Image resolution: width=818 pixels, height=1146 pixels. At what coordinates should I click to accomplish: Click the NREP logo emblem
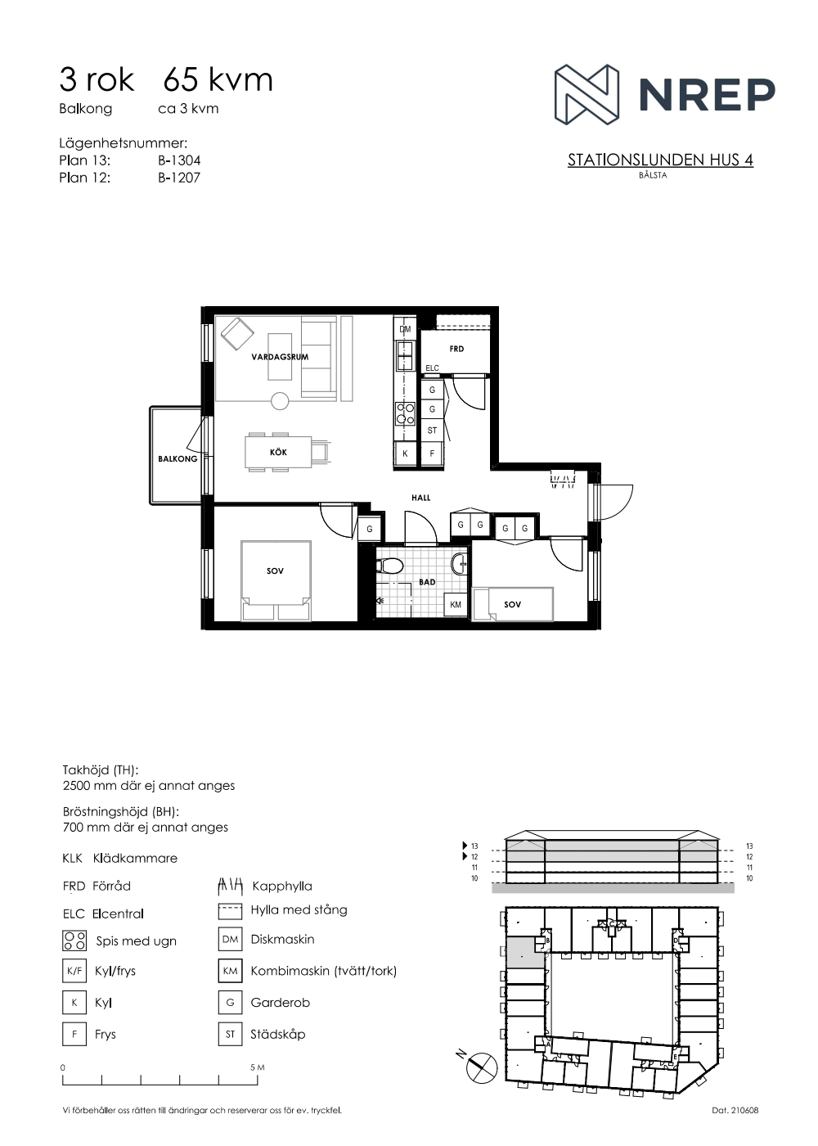click(x=587, y=94)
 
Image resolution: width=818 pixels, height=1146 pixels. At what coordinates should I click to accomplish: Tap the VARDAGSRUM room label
click(x=280, y=357)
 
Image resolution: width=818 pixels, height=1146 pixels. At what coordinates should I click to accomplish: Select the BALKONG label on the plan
click(x=178, y=459)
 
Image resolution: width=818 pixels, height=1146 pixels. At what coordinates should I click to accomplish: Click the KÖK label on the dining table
click(x=278, y=452)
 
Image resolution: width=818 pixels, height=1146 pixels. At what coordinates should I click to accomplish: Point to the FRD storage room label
click(x=456, y=349)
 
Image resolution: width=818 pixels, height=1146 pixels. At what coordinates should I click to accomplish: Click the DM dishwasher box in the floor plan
click(x=405, y=329)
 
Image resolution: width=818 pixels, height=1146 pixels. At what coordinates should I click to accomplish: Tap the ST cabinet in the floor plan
click(x=432, y=431)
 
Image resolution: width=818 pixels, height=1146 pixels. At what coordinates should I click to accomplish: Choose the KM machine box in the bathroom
click(x=456, y=604)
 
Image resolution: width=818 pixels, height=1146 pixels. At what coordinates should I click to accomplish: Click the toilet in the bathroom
click(x=389, y=566)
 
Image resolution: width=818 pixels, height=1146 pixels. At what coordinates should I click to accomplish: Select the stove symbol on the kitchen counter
click(x=405, y=414)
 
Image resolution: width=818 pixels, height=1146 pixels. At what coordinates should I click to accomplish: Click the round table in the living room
click(x=280, y=401)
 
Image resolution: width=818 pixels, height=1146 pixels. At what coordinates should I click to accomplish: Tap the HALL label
click(x=420, y=498)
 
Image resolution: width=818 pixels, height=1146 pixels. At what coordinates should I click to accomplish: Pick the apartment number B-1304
click(x=179, y=160)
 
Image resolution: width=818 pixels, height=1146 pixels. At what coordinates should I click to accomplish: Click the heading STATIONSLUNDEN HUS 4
click(x=660, y=160)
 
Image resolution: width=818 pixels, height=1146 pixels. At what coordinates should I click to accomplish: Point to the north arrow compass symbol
click(x=482, y=1067)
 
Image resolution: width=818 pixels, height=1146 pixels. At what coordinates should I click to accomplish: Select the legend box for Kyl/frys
click(x=74, y=971)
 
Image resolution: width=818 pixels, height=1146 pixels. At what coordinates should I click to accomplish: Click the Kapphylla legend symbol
click(x=229, y=886)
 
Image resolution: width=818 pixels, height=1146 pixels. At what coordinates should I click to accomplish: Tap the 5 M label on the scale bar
click(x=258, y=1067)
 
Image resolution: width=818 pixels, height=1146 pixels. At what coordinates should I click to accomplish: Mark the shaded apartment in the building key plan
click(x=524, y=953)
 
